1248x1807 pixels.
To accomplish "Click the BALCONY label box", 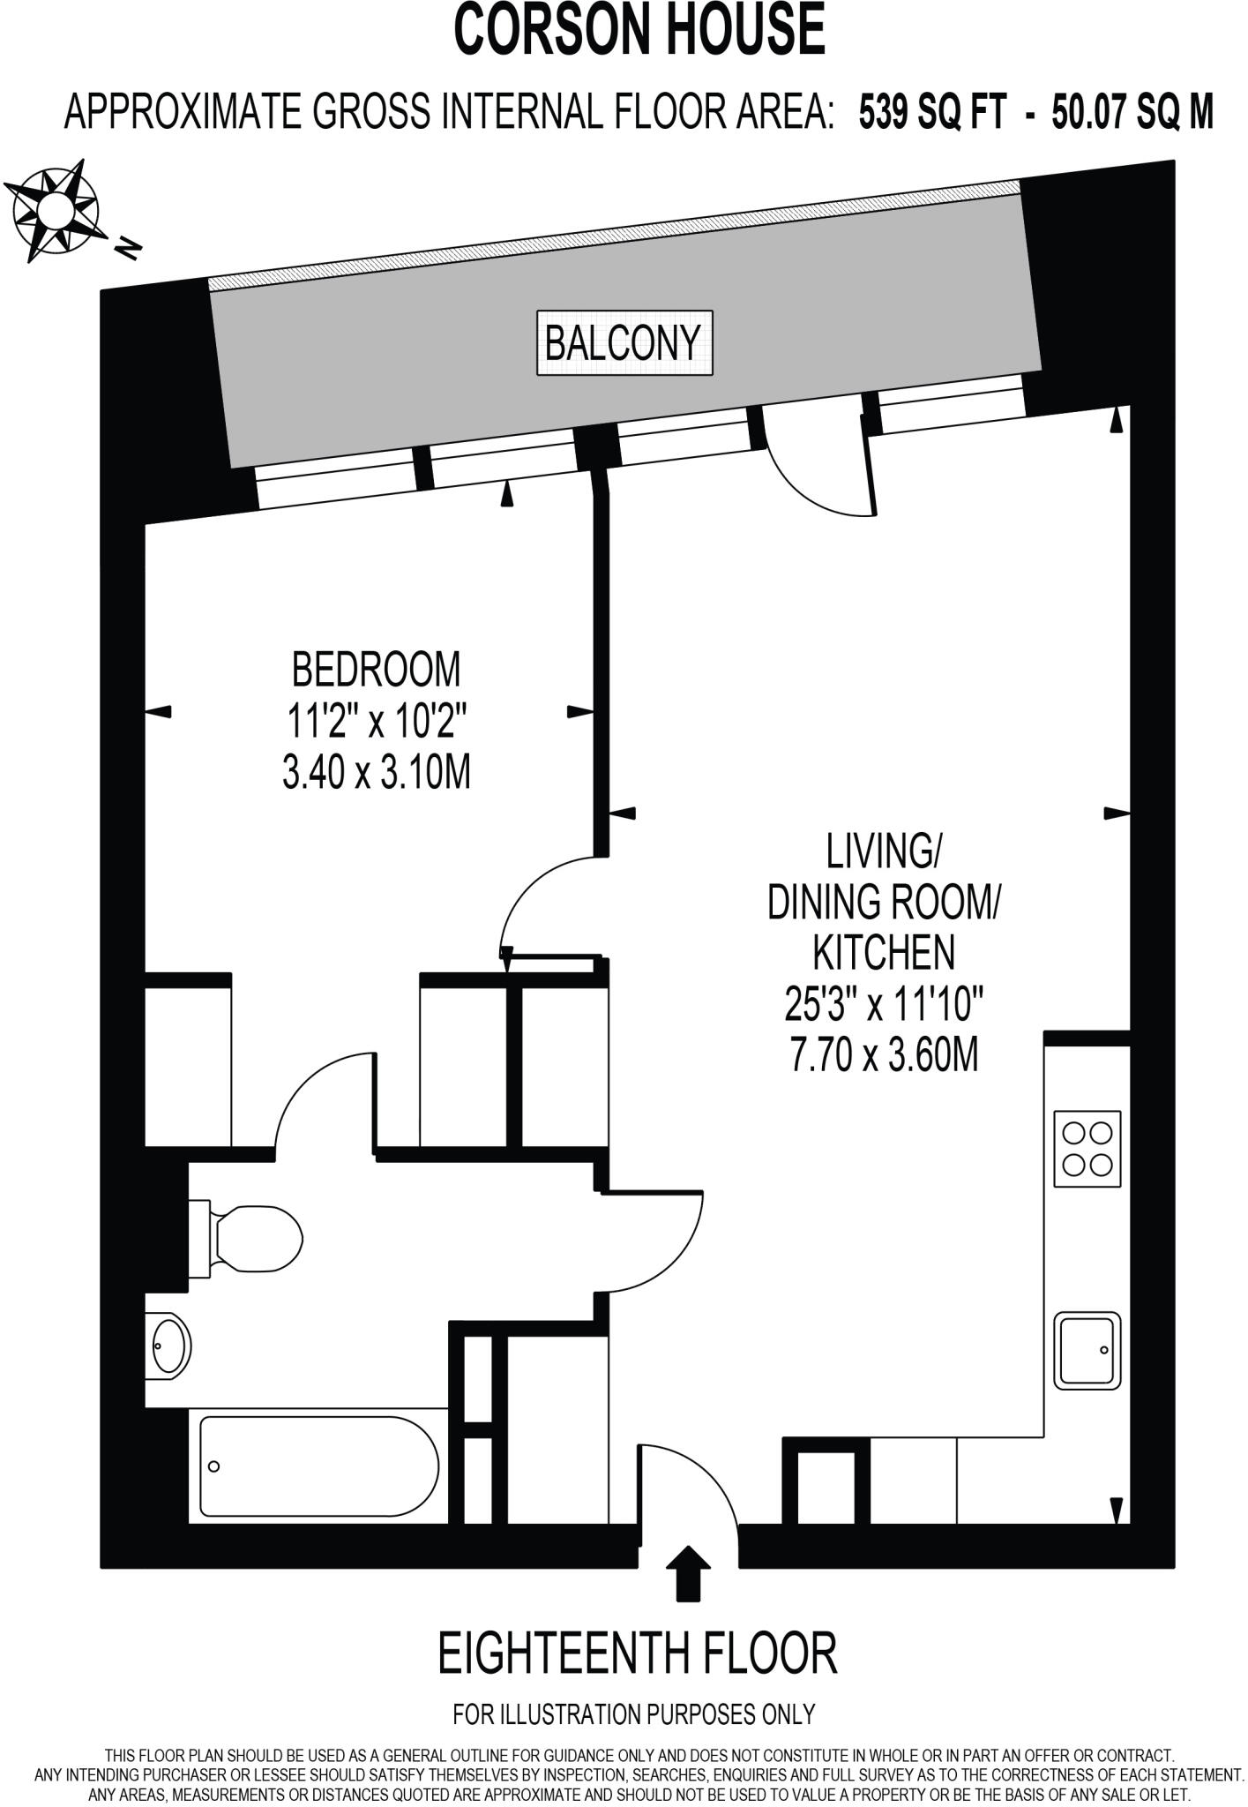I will pos(624,342).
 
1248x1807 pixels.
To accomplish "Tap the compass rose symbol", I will pos(58,209).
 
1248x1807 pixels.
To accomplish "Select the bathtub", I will pos(318,1466).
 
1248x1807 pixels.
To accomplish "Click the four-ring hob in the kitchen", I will pos(1087,1149).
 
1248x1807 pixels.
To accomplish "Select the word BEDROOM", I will pos(376,670).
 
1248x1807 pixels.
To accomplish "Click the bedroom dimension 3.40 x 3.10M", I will pos(376,773).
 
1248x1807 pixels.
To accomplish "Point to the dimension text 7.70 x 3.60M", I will pos(884,1055).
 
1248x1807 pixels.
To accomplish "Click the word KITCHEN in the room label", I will pos(883,953).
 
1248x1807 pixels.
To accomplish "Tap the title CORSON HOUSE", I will pos(639,30).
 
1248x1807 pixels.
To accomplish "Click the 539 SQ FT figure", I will pos(932,113).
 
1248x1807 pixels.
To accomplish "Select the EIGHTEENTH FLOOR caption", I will pos(637,1654).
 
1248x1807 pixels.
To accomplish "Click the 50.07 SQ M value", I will pos(1132,113).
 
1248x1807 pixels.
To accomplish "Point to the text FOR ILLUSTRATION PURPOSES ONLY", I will pos(633,1714).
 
